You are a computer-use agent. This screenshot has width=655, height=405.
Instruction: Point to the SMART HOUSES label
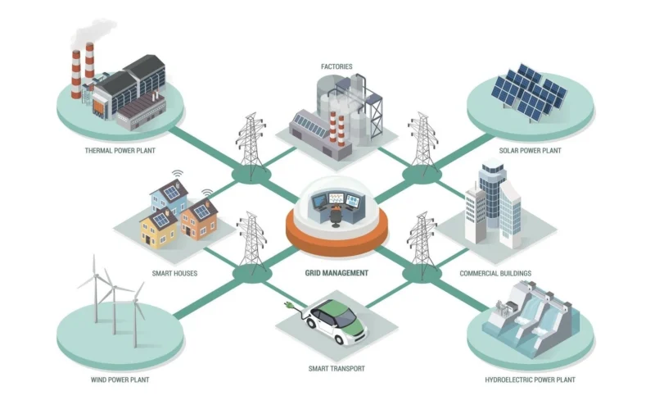coord(174,273)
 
